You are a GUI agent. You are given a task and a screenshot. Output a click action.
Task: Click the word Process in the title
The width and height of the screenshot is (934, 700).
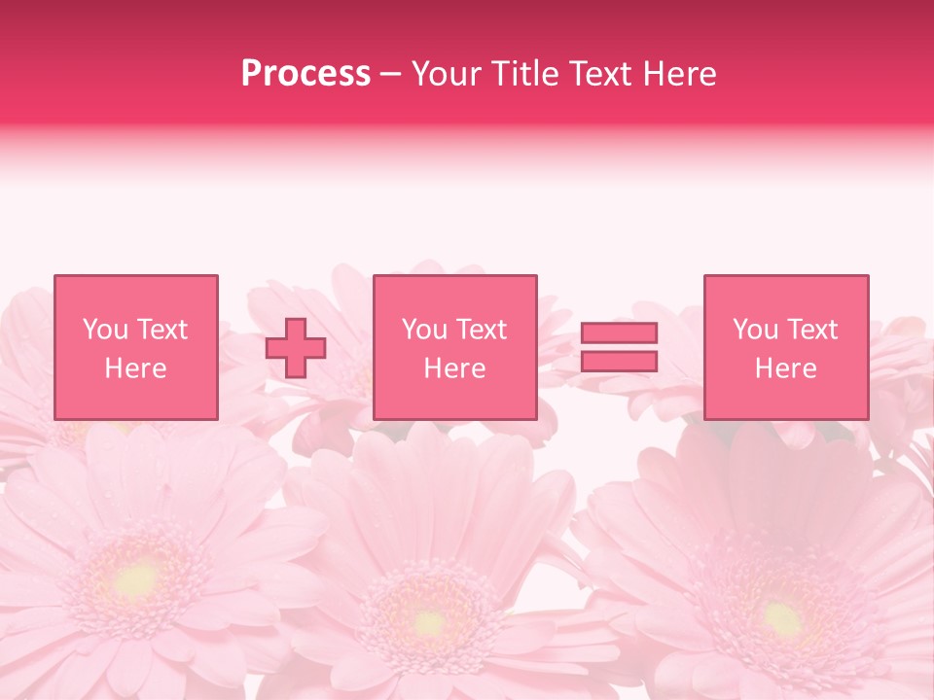(305, 74)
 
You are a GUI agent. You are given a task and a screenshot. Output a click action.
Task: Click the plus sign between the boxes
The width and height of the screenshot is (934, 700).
(296, 347)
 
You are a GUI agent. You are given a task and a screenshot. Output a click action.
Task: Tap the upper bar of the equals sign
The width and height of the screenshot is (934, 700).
(619, 332)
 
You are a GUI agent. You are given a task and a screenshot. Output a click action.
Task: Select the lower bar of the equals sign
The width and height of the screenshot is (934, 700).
(619, 361)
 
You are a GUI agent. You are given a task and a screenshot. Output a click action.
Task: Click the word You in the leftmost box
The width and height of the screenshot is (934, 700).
(105, 330)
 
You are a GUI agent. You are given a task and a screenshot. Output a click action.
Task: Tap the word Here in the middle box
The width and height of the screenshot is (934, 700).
(454, 368)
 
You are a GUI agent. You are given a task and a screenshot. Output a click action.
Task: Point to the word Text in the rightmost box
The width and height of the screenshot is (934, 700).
(812, 330)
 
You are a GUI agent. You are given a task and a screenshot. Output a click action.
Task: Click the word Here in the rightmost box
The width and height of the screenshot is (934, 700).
(785, 368)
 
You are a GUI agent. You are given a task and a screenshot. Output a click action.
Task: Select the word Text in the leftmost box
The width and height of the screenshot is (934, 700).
(162, 330)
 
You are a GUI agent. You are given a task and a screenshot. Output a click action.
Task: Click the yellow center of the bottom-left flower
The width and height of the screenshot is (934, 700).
(136, 580)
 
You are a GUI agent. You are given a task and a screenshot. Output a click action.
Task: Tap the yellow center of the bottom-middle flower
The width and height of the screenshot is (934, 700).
(428, 619)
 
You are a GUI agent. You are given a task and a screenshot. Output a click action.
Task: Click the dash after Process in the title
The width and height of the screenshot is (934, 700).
(391, 74)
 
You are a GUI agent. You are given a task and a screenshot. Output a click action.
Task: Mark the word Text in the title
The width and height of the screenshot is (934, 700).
(596, 74)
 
